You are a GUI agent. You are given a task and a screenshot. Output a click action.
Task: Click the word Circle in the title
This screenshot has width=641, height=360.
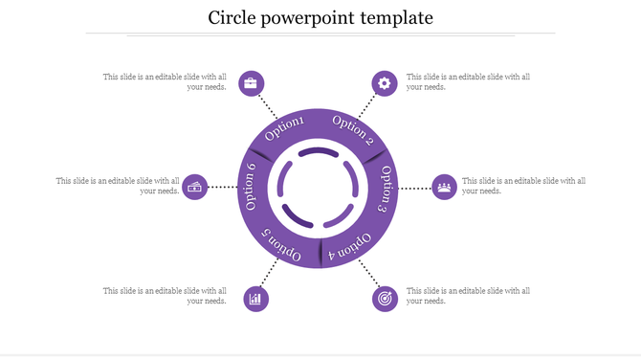pyautogui.click(x=235, y=17)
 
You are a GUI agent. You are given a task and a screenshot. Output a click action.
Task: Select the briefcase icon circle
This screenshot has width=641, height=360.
pyautogui.click(x=251, y=83)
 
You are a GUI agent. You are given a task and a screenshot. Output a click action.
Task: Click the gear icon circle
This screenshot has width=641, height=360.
pyautogui.click(x=385, y=83)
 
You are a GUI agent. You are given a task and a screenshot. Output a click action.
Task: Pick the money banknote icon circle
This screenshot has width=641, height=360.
pyautogui.click(x=196, y=187)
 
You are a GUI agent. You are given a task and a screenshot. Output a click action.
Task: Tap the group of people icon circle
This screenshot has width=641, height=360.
pyautogui.click(x=445, y=187)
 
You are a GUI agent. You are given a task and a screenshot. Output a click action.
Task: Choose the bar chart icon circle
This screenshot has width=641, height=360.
pyautogui.click(x=255, y=299)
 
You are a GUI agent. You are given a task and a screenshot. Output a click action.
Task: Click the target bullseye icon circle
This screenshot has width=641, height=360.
pyautogui.click(x=385, y=299)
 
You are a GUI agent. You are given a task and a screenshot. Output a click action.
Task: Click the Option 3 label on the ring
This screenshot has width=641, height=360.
pyautogui.click(x=383, y=189)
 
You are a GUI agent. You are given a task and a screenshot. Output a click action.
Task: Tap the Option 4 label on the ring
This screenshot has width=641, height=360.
pyautogui.click(x=349, y=246)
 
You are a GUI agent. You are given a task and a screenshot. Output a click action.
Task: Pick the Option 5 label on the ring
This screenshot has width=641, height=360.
pyautogui.click(x=283, y=246)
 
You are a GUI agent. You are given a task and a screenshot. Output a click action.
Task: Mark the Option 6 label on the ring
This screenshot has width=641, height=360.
pyautogui.click(x=251, y=187)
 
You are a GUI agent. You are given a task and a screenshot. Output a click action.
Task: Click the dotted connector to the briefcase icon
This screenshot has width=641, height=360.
pyautogui.click(x=270, y=105)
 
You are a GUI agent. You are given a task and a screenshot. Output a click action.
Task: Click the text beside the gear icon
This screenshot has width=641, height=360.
pyautogui.click(x=468, y=81)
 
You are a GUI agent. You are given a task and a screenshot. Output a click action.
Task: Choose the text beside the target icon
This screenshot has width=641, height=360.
pyautogui.click(x=468, y=296)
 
